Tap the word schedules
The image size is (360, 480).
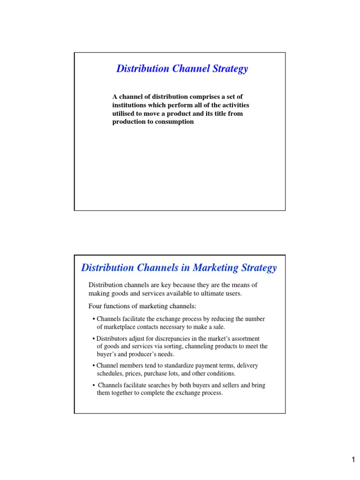coord(111,374)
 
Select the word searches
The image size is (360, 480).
coord(165,385)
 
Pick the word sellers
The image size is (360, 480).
coord(228,385)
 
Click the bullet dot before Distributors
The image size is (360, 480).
coord(95,338)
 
